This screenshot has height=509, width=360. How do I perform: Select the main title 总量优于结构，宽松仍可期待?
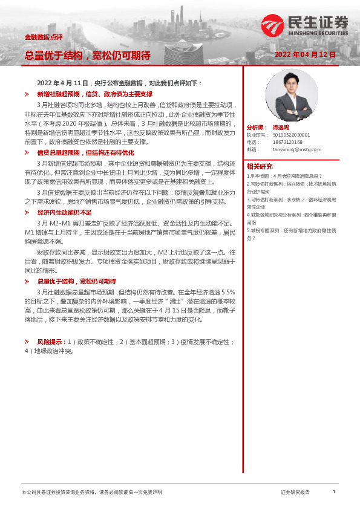(87, 56)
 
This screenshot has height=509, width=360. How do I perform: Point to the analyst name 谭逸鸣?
(283, 128)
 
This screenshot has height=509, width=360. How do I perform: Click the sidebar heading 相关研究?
(259, 166)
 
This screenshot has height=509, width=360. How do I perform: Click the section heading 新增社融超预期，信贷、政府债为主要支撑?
(94, 95)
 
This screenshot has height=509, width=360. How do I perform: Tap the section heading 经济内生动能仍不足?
(64, 213)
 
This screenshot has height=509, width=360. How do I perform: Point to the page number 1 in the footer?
(333, 492)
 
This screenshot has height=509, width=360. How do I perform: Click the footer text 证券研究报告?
(295, 492)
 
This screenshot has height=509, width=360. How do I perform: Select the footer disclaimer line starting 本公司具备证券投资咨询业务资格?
(91, 492)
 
